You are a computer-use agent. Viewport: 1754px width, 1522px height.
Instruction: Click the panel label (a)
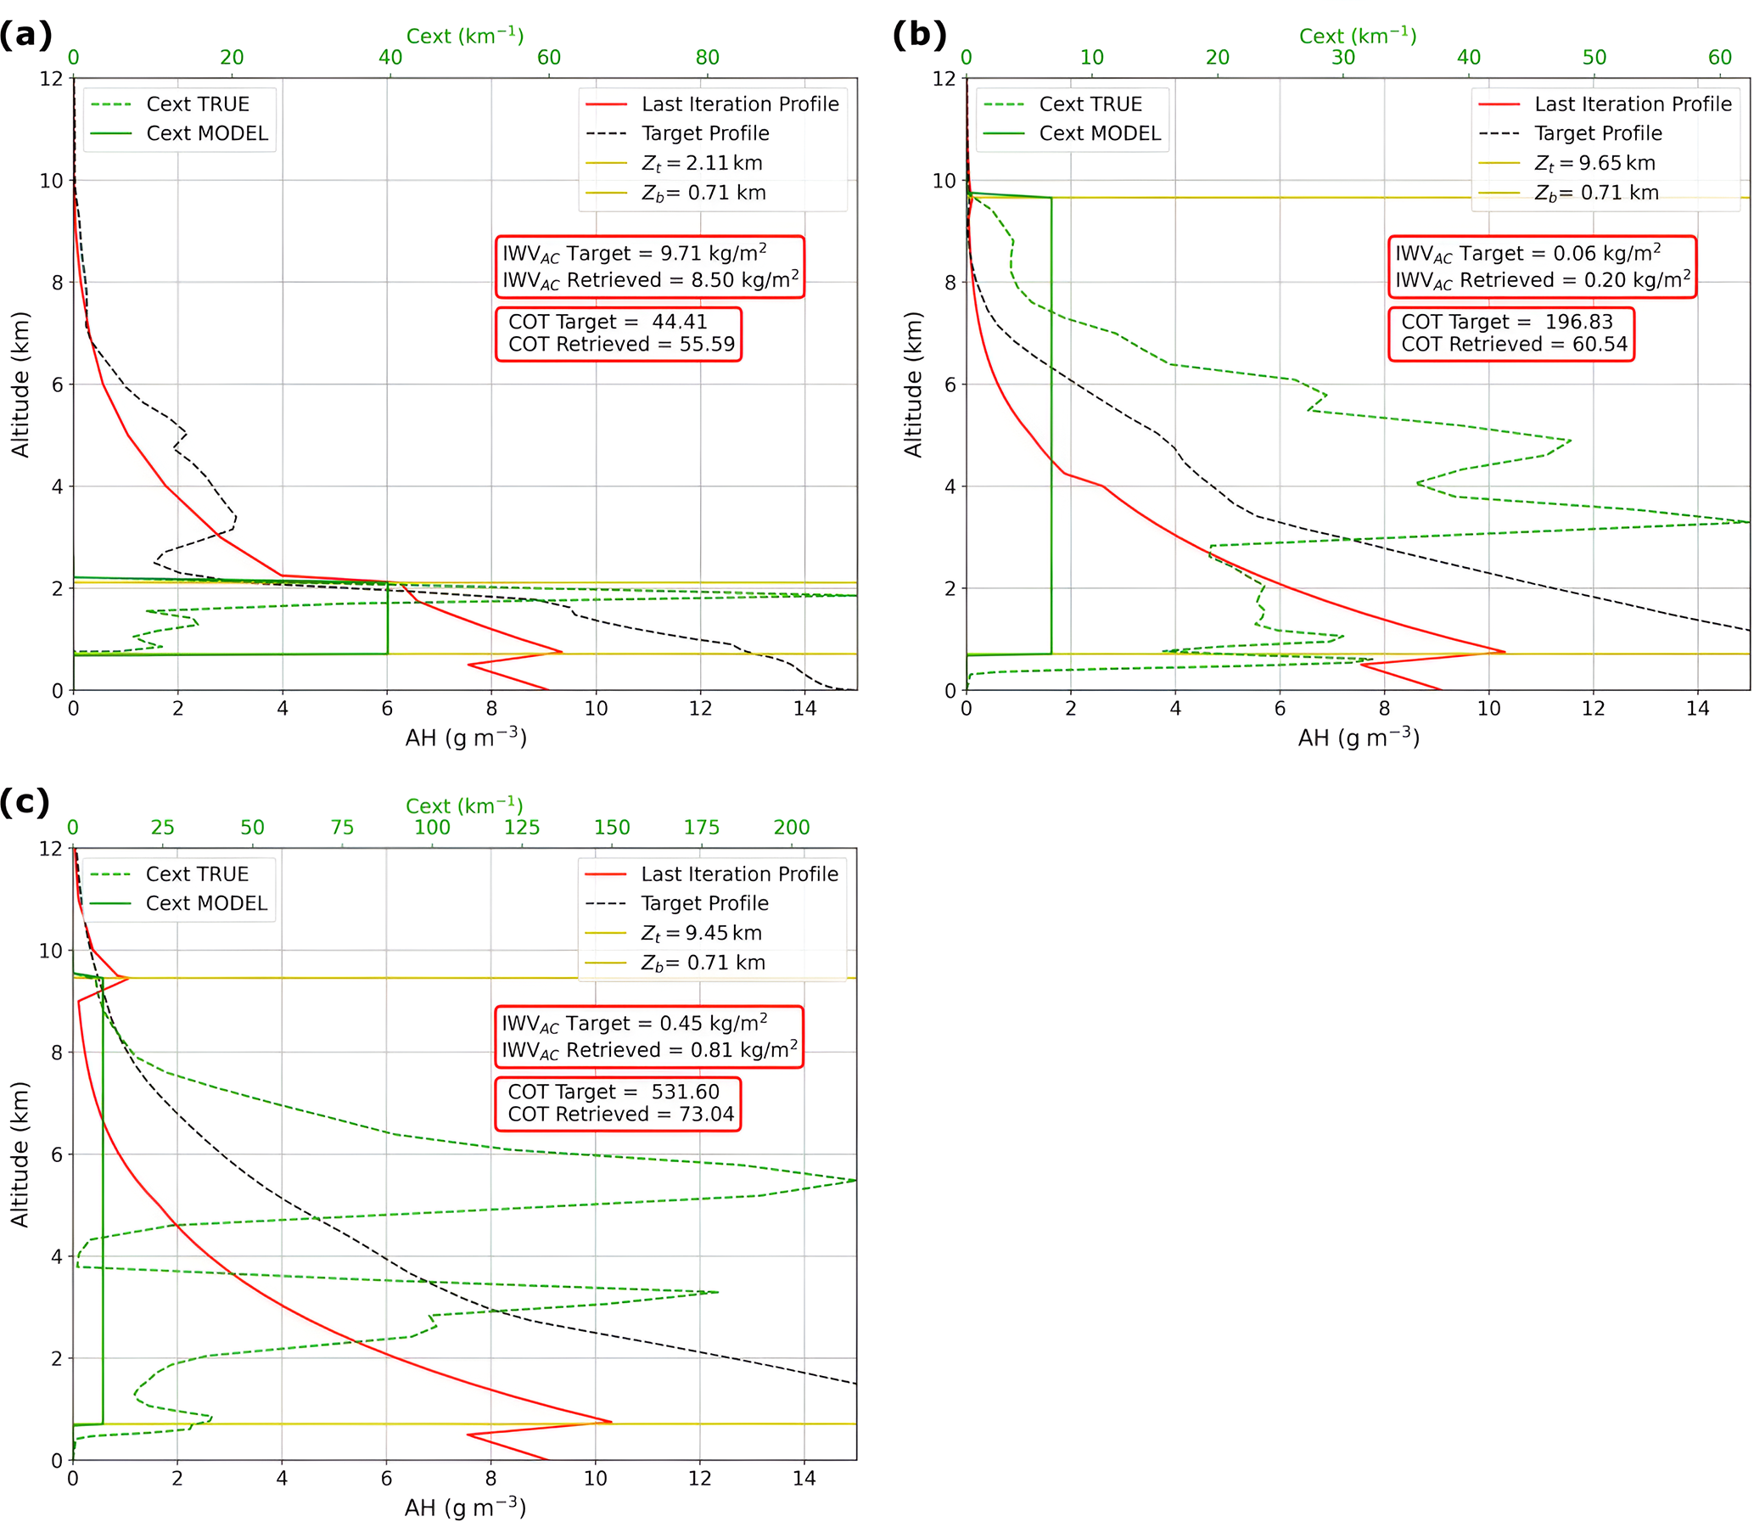25,36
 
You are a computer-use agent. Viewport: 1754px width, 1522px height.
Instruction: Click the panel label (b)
919,36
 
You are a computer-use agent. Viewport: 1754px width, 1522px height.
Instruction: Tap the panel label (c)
25,802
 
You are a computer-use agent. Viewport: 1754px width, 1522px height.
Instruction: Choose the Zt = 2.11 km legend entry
701,163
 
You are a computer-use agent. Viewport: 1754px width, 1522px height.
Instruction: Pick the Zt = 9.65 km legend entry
1594,163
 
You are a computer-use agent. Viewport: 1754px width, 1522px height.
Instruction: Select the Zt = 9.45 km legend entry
700,933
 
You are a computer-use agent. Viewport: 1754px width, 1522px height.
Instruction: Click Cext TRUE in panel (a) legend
197,104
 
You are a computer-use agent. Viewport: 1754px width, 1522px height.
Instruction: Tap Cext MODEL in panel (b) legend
1100,133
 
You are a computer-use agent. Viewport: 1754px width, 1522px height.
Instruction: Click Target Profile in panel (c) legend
703,903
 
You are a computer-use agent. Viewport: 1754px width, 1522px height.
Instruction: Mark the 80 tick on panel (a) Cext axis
707,58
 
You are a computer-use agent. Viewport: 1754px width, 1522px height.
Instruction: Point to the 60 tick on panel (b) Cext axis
1719,58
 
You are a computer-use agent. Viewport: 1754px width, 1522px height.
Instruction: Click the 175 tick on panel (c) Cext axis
701,828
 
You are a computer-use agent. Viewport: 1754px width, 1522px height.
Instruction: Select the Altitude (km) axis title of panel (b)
913,384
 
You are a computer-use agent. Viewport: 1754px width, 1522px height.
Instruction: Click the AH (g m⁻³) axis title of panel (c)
465,1507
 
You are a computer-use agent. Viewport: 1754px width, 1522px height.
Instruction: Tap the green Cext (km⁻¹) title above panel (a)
464,36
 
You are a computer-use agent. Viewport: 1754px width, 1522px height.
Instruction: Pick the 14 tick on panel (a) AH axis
804,708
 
